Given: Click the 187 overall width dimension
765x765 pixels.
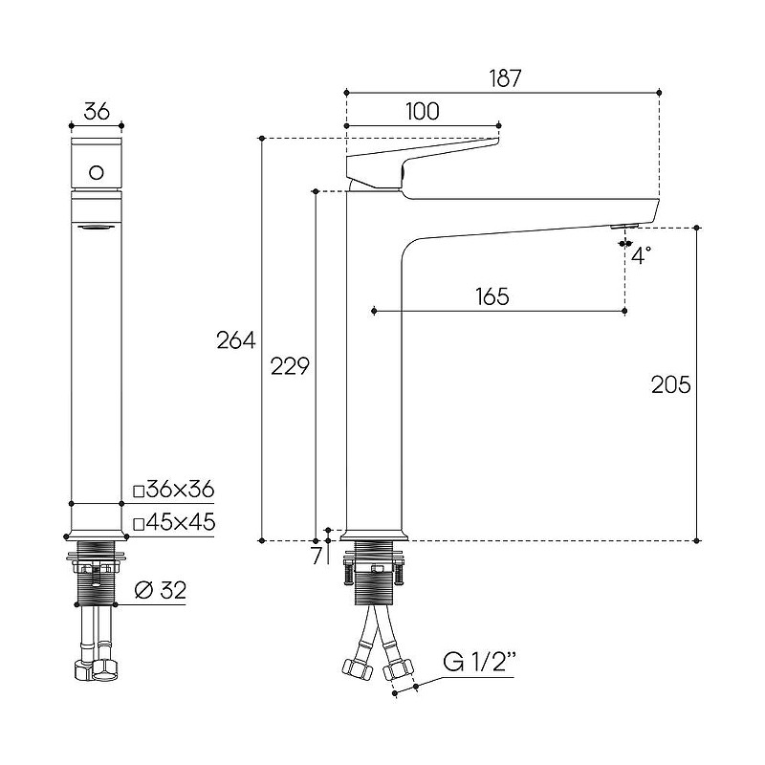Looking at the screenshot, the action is [505, 78].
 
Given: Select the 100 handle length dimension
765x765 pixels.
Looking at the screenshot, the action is [423, 112].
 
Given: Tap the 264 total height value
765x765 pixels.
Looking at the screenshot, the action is [236, 340].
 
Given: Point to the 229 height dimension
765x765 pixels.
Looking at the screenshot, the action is [290, 366].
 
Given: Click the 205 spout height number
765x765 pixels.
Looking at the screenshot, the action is [671, 385].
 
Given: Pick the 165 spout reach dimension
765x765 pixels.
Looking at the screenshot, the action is [492, 296].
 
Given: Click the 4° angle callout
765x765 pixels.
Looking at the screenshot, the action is [641, 255].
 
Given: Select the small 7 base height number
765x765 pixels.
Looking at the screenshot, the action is [317, 556].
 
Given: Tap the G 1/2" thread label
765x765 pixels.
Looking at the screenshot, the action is [480, 662].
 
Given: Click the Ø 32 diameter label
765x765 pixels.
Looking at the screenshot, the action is [161, 590].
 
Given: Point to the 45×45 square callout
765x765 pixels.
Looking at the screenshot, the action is [174, 522].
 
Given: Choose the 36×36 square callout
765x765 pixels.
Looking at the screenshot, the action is [174, 489].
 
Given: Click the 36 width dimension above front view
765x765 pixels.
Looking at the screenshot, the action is [97, 112].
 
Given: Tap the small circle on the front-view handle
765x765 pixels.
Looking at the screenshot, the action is [97, 173].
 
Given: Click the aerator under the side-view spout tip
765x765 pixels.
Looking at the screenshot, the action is [624, 226].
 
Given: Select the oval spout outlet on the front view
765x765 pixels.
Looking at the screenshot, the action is [97, 227].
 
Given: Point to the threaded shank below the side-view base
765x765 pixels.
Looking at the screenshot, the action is [373, 572].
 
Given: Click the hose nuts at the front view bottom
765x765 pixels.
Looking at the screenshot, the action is [96, 670].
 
